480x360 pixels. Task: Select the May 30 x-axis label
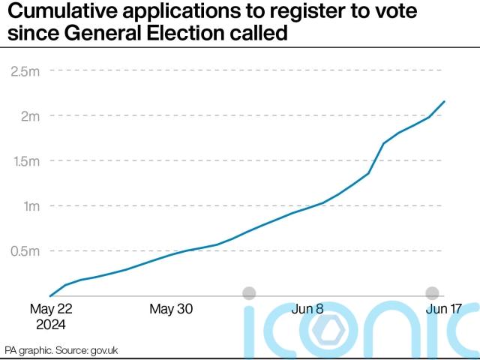171,309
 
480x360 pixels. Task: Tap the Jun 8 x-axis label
307,309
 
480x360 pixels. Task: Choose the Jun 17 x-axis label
444,309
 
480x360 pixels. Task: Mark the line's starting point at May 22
49,295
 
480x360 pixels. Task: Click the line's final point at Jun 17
445,101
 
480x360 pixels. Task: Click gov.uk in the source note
103,350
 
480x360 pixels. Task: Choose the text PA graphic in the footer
25,350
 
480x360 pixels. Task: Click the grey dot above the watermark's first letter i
249,293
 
